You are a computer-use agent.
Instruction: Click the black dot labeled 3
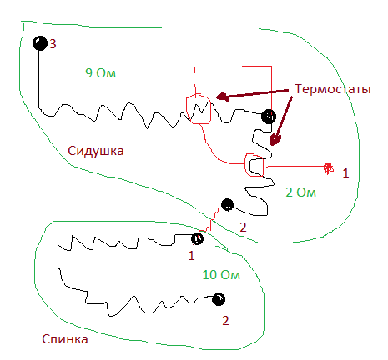tap(40, 43)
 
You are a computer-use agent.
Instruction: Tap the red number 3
tap(53, 44)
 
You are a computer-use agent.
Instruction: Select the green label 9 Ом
tap(100, 73)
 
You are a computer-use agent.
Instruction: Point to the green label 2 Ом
tap(301, 192)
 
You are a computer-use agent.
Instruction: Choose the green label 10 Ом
tap(221, 275)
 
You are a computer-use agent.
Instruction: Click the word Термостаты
tap(333, 89)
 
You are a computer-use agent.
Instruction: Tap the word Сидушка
tap(96, 151)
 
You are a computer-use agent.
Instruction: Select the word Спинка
tap(65, 339)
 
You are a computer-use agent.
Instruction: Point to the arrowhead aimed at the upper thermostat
tap(223, 97)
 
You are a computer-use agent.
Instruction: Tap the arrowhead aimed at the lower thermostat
tap(275, 140)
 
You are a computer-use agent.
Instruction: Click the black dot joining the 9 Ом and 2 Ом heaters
tap(269, 117)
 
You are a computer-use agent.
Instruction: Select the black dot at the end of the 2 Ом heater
tap(227, 205)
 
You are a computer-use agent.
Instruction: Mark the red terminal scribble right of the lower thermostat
tap(329, 168)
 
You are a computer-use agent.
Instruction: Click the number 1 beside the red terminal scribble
tap(345, 173)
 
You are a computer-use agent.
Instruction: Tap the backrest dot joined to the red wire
tap(197, 238)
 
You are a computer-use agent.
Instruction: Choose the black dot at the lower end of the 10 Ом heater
tap(219, 299)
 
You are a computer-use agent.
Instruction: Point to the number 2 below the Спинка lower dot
tap(225, 321)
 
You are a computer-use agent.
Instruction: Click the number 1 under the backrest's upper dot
tap(191, 256)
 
